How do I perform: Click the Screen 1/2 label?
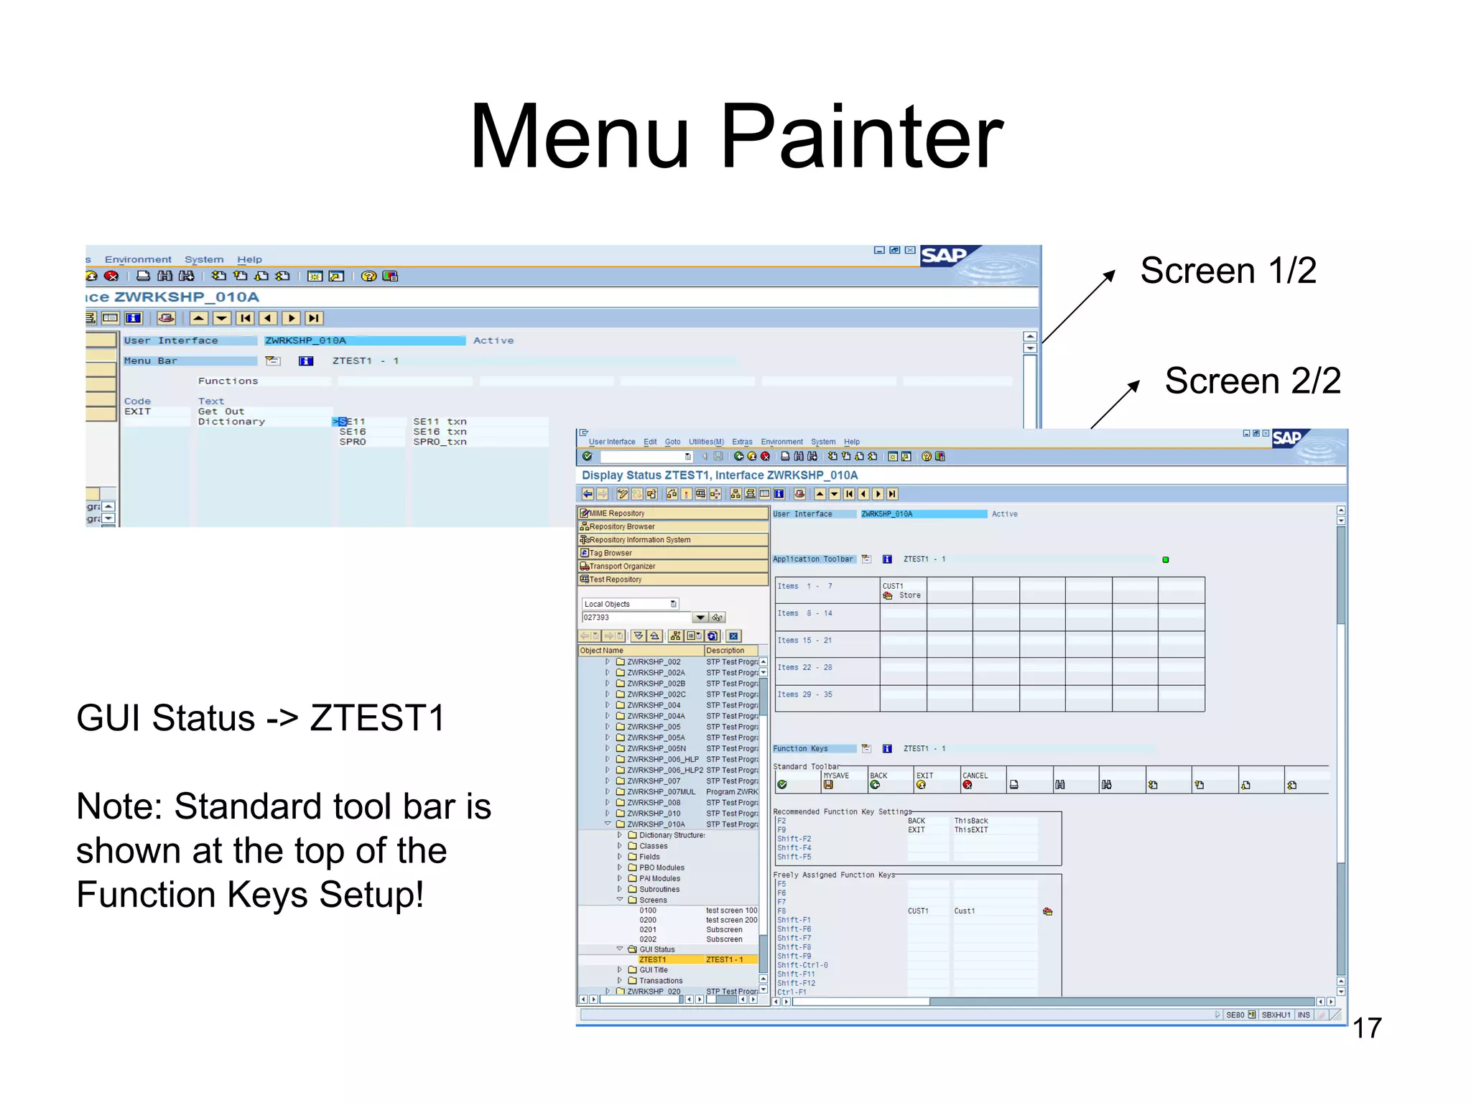click(1228, 271)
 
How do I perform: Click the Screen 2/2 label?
click(1252, 381)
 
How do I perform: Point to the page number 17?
click(1367, 1028)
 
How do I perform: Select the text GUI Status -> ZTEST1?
click(261, 718)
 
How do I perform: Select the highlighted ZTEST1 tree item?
click(653, 960)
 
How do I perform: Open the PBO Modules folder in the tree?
click(661, 867)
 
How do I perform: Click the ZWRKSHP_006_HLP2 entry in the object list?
click(664, 770)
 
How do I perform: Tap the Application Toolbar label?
click(813, 559)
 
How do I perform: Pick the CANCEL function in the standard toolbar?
click(975, 776)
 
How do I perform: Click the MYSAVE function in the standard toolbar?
click(836, 776)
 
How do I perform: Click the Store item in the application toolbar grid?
click(909, 596)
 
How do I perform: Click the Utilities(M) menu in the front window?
click(706, 442)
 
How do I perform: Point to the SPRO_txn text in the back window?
click(440, 442)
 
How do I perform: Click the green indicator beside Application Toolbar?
click(1166, 560)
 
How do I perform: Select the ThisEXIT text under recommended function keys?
click(970, 830)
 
